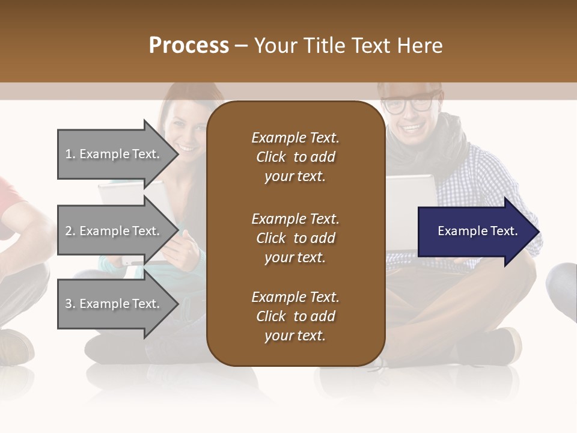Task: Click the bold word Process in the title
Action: pos(189,46)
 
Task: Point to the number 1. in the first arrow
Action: pos(70,154)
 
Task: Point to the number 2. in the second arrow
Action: pos(70,231)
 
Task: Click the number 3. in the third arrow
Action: pos(70,304)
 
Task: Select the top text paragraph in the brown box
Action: pos(295,157)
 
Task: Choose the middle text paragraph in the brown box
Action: pos(295,238)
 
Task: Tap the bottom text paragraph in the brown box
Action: pos(295,316)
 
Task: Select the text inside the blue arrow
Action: pos(478,231)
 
